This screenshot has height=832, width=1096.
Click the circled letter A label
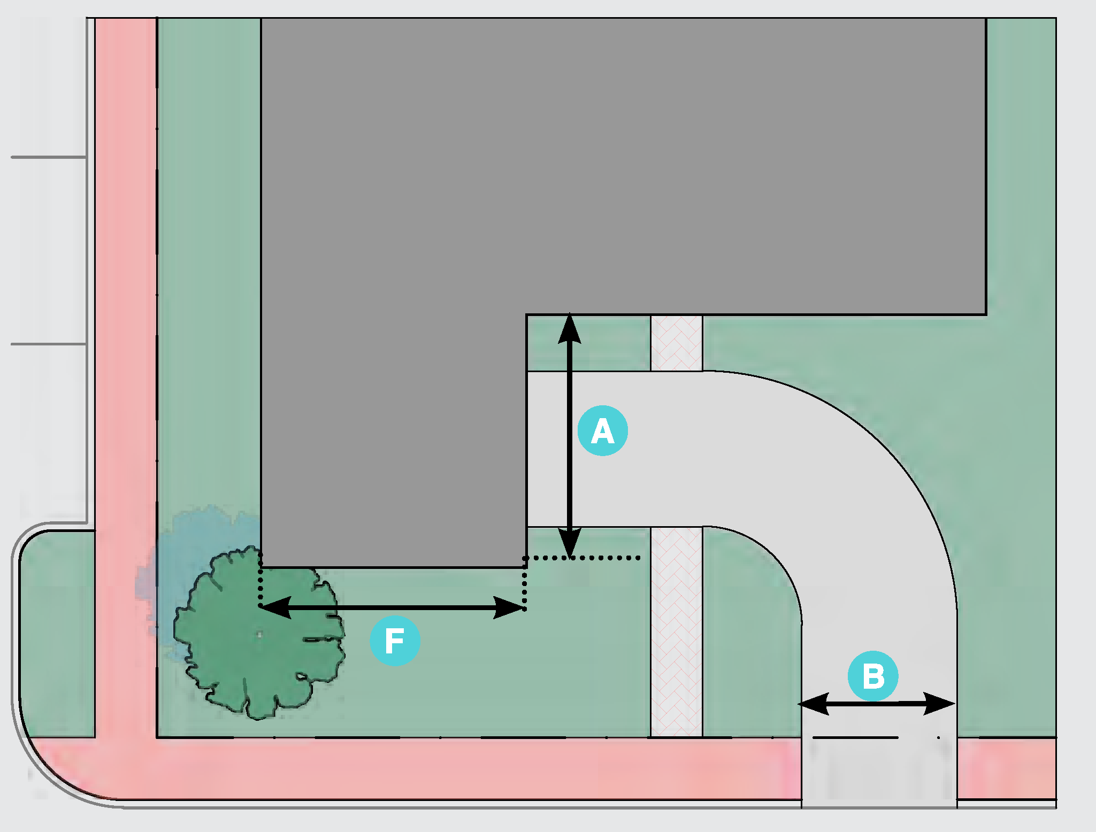click(602, 431)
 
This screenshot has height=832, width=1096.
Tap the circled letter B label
click(873, 676)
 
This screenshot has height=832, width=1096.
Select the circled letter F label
click(395, 641)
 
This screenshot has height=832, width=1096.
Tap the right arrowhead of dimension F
click(509, 608)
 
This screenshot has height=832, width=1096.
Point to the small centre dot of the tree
click(260, 635)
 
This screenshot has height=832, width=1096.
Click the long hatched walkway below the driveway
click(677, 631)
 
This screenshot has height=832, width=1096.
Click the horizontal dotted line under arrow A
click(588, 558)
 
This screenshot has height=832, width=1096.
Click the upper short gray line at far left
click(49, 157)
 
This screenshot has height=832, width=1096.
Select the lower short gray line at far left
click(49, 344)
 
